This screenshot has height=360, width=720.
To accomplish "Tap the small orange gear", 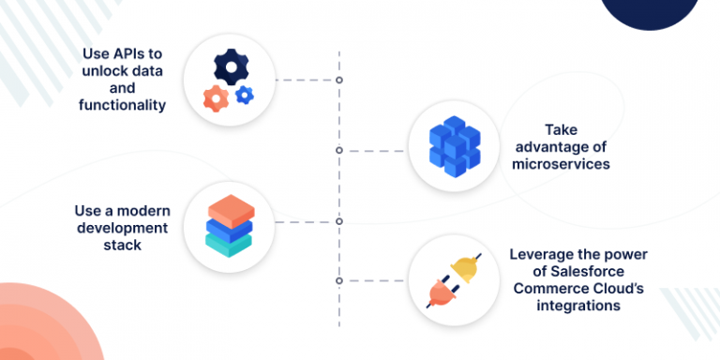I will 216,97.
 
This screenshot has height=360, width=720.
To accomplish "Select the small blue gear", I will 245,94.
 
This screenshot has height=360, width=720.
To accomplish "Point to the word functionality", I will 122,105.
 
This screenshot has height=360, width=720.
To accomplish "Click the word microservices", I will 561,164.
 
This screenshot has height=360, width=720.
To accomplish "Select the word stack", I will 123,245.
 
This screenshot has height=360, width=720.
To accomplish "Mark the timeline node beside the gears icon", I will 338,80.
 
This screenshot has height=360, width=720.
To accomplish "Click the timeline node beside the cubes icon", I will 338,150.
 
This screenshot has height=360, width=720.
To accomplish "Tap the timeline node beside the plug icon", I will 338,280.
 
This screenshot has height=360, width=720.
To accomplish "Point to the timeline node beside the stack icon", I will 338,222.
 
